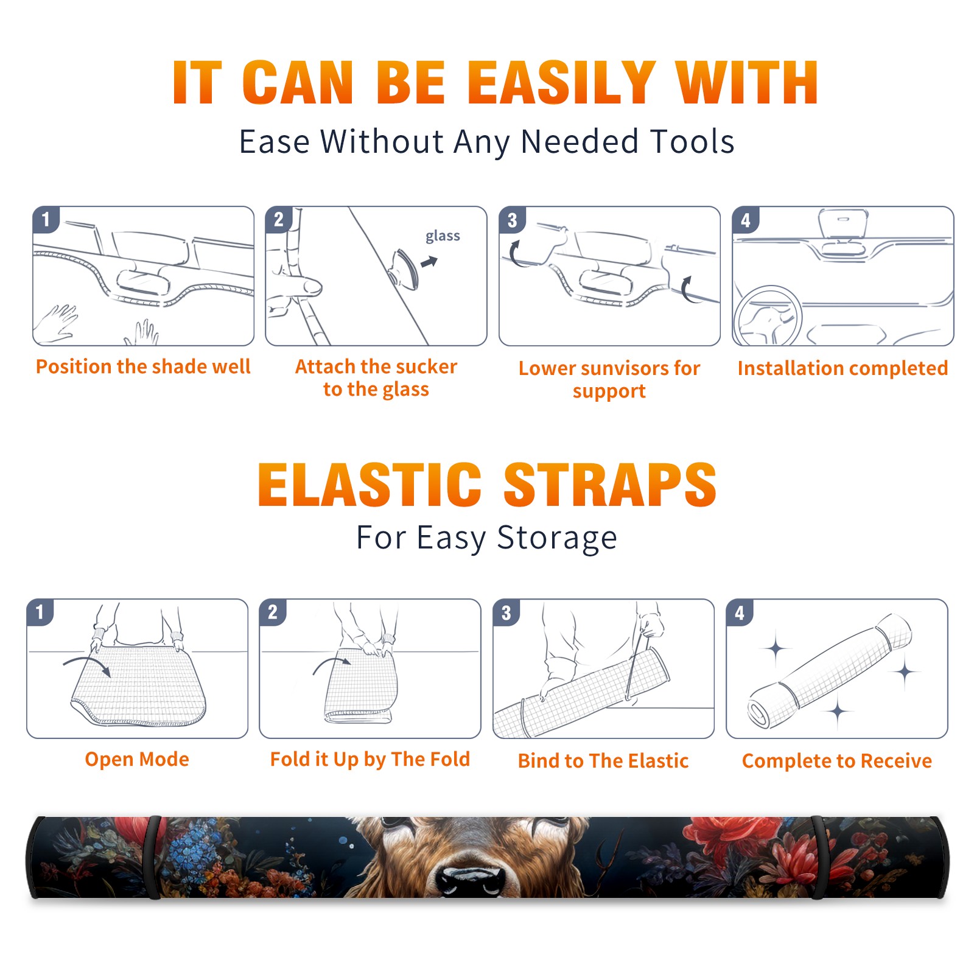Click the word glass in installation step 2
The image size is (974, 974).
tap(443, 236)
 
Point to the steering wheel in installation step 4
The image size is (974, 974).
tap(768, 317)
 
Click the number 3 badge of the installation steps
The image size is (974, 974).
tap(513, 220)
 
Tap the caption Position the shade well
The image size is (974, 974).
tap(143, 366)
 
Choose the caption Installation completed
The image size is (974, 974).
tap(843, 368)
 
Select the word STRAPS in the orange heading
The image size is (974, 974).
tap(610, 485)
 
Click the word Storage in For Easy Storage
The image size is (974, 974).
tap(557, 538)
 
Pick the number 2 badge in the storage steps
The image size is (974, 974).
tap(273, 612)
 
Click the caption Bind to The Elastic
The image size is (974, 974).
tap(603, 761)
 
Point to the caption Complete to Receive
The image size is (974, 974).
tap(837, 761)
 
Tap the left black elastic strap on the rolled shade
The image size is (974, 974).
tap(153, 857)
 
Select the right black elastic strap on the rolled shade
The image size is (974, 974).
tap(818, 857)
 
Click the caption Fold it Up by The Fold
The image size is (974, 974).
tap(370, 759)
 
